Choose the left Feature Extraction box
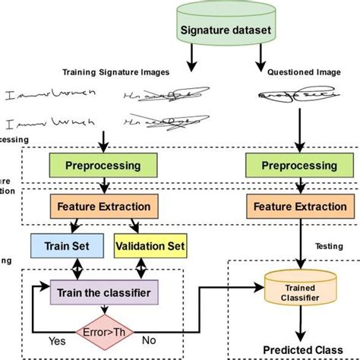[x=104, y=205]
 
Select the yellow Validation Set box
[x=150, y=245]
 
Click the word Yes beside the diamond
[x=56, y=342]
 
